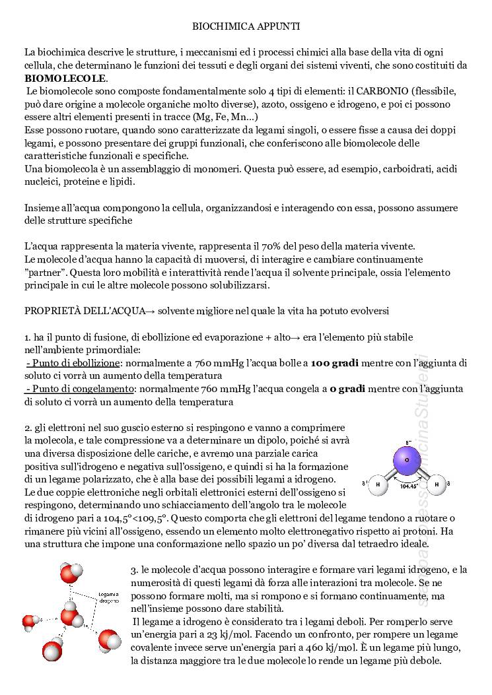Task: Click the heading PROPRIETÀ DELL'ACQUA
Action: (80, 310)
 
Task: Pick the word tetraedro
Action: (374, 544)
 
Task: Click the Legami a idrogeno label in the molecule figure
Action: (109, 598)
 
